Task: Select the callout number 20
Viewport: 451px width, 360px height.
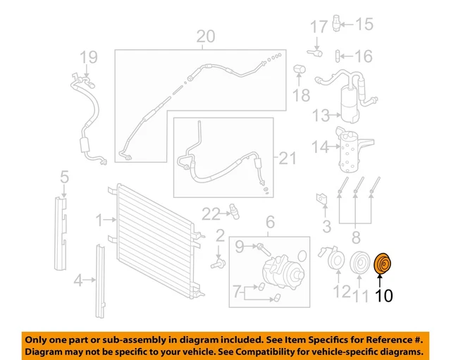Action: pyautogui.click(x=205, y=37)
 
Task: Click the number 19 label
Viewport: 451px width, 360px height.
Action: pyautogui.click(x=88, y=57)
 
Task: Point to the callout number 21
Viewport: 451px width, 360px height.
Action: pyautogui.click(x=288, y=158)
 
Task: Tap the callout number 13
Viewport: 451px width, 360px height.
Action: pyautogui.click(x=321, y=115)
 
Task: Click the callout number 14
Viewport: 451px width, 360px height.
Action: pyautogui.click(x=321, y=148)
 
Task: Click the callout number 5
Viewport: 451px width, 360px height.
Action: pyautogui.click(x=64, y=176)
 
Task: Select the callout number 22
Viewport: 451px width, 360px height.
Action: pyautogui.click(x=211, y=213)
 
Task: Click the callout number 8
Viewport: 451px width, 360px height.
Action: pyautogui.click(x=356, y=237)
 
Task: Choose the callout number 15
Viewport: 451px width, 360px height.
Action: pyautogui.click(x=363, y=25)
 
